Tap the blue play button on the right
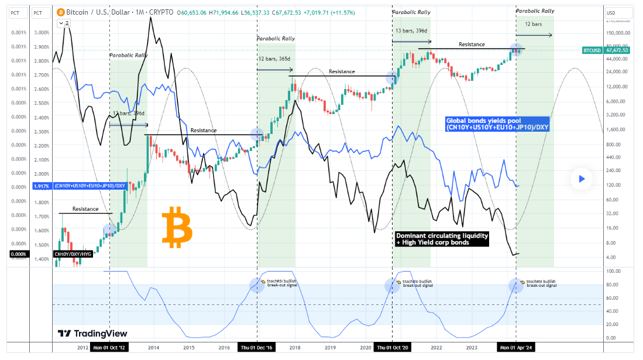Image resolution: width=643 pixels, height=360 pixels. (582, 179)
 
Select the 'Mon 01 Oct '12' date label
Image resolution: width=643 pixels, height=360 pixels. (110, 348)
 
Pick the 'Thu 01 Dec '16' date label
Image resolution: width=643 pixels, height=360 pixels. (257, 348)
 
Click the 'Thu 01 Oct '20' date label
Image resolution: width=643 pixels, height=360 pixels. (391, 348)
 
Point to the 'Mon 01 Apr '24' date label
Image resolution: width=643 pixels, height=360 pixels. (515, 348)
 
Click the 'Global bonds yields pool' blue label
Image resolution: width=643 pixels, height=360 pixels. (497, 124)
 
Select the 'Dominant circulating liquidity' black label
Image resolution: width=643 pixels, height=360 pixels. (442, 238)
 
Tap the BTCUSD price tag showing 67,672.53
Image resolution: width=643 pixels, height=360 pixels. (607, 50)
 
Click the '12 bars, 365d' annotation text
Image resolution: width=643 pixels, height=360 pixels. (273, 59)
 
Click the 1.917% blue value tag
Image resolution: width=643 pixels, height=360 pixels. (41, 186)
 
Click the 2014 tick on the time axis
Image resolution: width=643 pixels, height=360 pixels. (154, 348)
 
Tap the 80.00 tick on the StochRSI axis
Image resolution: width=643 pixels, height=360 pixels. (614, 285)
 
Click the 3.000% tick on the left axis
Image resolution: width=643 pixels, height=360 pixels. (40, 32)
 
